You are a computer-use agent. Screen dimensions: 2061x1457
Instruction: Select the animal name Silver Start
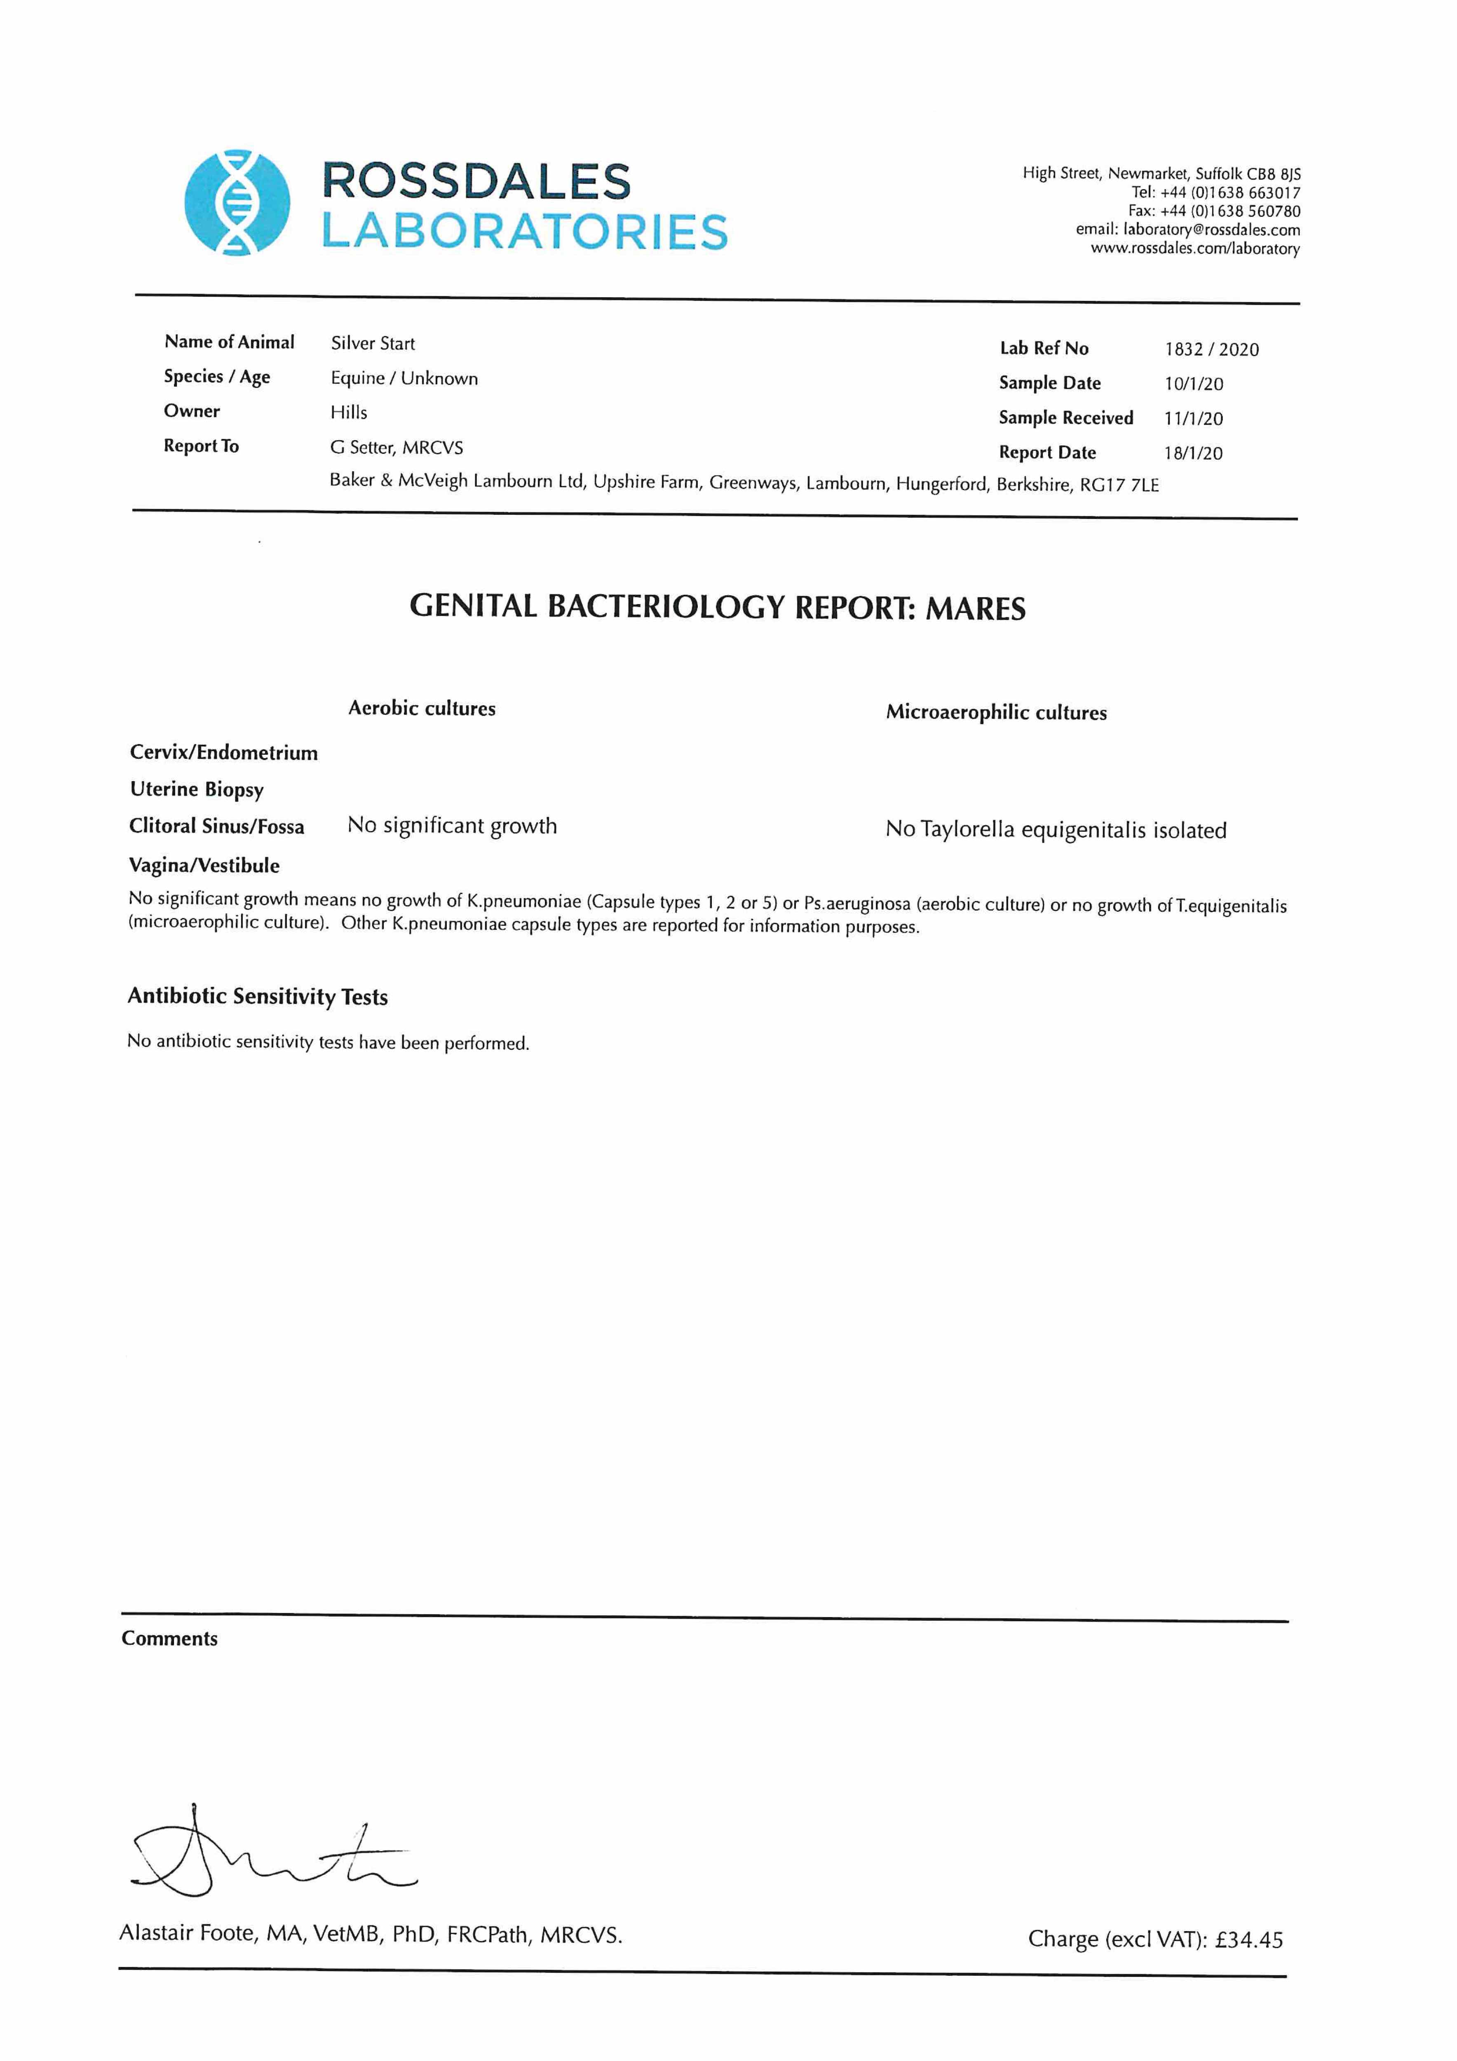click(x=373, y=343)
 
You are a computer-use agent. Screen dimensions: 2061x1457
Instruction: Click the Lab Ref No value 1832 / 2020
click(x=1211, y=349)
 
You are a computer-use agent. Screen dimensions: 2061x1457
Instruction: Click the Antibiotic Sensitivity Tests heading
click(x=258, y=996)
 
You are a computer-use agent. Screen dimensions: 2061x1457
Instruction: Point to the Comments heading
click(x=170, y=1638)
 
